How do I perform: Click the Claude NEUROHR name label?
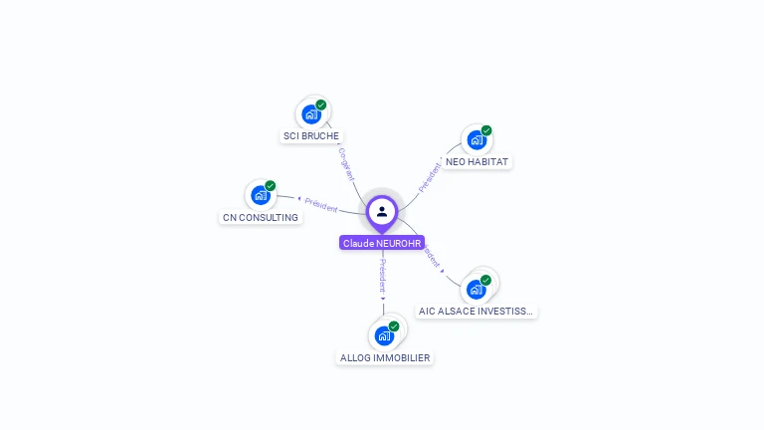point(382,243)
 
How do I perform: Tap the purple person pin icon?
point(382,212)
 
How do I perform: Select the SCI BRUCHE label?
point(311,136)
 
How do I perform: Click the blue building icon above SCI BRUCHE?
point(311,114)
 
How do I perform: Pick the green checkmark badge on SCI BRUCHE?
point(321,105)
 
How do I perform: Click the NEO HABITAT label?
point(477,161)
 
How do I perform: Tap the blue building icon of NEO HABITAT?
point(477,140)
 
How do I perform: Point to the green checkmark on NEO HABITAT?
point(486,130)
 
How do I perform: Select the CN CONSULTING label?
point(261,217)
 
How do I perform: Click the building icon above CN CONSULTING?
point(261,195)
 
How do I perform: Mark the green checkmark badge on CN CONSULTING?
point(271,186)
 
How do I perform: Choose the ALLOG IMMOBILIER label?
point(385,357)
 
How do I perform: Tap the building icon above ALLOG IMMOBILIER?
point(384,335)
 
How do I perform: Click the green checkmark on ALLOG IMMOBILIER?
point(394,325)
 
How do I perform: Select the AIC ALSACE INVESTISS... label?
point(477,311)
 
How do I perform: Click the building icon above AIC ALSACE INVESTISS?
point(476,290)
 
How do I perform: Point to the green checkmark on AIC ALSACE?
point(485,280)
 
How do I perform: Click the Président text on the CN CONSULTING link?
point(321,204)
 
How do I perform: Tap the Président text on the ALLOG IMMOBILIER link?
point(383,275)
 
